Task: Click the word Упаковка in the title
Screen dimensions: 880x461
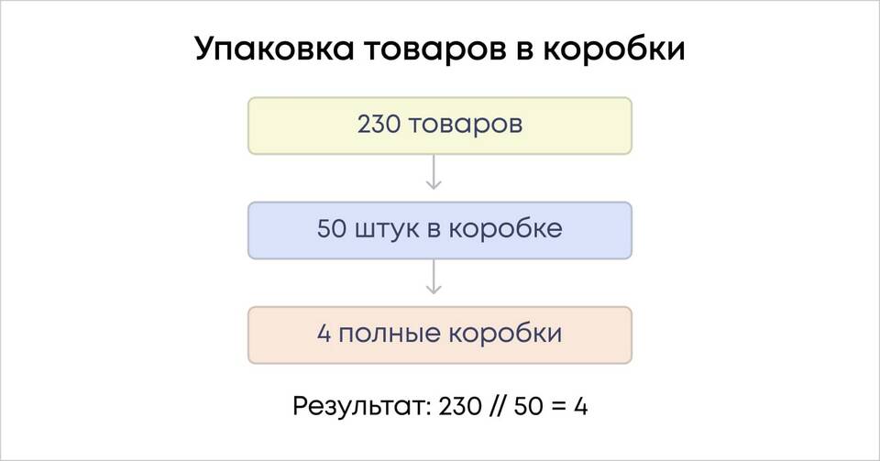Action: tap(274, 49)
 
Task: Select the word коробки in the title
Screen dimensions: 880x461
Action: tap(613, 48)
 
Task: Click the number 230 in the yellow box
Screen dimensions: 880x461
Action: tap(379, 125)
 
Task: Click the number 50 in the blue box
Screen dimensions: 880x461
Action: tap(332, 229)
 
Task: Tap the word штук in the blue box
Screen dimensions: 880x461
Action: tap(387, 231)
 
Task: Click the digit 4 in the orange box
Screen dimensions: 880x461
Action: tap(324, 334)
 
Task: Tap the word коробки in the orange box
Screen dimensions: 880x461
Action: tap(504, 333)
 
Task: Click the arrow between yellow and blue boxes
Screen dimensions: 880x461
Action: tap(434, 171)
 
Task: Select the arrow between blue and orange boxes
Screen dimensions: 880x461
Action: tap(434, 277)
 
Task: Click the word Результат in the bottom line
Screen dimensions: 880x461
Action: tap(362, 407)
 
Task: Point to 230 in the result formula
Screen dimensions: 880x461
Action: tap(460, 406)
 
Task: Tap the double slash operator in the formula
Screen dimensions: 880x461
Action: tap(498, 406)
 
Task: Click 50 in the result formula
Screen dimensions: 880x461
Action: tap(528, 406)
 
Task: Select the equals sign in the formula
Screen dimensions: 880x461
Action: tap(558, 407)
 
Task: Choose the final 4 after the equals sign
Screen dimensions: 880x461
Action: tap(581, 406)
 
